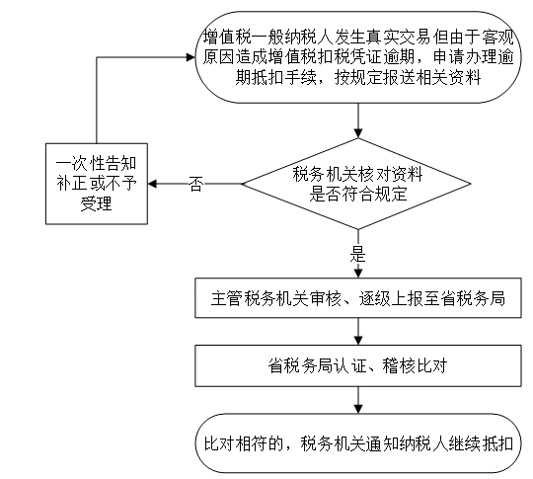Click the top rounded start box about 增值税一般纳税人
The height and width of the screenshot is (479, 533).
pos(358,57)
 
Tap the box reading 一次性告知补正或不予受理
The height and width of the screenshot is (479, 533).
pos(97,184)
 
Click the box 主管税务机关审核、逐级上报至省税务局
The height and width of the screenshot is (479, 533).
pos(358,298)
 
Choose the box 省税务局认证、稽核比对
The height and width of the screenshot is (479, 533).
pos(358,366)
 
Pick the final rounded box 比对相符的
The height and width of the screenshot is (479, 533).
pos(358,443)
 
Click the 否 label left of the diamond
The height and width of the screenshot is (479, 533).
pos(196,184)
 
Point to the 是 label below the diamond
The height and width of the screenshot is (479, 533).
pos(358,254)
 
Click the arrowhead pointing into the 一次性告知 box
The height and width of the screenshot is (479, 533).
pos(152,184)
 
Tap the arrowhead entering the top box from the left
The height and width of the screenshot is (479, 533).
pos(190,57)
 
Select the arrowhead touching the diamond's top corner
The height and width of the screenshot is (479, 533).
pos(358,133)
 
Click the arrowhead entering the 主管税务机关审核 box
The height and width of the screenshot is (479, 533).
pos(358,274)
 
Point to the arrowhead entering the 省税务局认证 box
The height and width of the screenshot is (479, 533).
pos(358,341)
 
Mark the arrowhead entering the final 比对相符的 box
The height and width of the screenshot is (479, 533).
pos(358,409)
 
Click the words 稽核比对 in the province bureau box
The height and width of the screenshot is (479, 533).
pos(415,366)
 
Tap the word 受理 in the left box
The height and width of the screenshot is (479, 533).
pos(96,203)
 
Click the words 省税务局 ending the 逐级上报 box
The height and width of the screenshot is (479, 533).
pos(473,298)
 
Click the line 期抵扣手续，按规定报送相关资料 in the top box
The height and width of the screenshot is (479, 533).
pos(358,78)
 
